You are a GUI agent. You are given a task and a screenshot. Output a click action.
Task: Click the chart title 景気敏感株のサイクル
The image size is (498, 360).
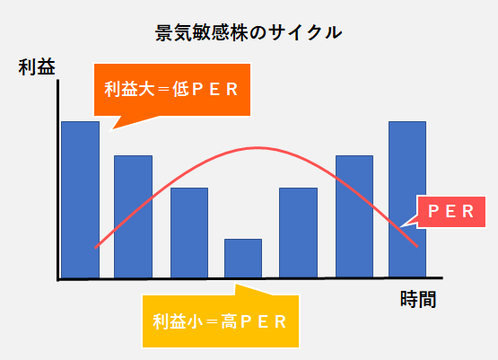click(x=249, y=32)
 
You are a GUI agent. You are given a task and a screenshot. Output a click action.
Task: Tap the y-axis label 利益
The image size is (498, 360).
click(x=37, y=67)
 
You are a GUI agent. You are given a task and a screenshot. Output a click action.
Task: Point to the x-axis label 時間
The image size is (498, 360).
click(x=418, y=299)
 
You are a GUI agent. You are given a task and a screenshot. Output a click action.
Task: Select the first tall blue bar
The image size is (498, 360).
click(x=81, y=199)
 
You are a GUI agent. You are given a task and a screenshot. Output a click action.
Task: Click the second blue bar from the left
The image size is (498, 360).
click(x=133, y=216)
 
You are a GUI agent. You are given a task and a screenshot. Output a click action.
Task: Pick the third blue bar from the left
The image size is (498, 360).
click(x=189, y=233)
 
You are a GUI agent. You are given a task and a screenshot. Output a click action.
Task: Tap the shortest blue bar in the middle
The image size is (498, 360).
click(x=243, y=259)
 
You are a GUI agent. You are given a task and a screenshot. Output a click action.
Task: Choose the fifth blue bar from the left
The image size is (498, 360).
click(x=298, y=233)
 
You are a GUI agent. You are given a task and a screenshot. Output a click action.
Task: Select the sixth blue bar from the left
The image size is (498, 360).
click(x=354, y=216)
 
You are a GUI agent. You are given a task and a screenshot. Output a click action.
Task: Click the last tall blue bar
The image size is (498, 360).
click(x=407, y=199)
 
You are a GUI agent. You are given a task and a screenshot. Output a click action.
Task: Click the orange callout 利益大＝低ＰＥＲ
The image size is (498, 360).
click(x=172, y=90)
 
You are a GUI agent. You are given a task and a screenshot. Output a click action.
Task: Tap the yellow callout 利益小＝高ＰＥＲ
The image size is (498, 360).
click(x=221, y=321)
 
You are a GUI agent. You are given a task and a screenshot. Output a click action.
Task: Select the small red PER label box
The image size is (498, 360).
click(x=451, y=212)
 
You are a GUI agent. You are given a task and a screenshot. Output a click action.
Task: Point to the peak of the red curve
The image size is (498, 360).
click(x=257, y=148)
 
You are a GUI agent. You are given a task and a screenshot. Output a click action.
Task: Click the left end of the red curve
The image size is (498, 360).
click(x=96, y=247)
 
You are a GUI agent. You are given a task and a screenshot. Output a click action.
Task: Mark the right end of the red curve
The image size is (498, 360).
click(x=417, y=246)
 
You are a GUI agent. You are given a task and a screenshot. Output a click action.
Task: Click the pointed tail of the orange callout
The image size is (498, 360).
click(x=110, y=129)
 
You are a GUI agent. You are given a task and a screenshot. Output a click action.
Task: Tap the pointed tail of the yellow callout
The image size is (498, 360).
click(x=236, y=285)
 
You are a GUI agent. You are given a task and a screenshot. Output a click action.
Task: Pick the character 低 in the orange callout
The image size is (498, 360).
click(x=180, y=90)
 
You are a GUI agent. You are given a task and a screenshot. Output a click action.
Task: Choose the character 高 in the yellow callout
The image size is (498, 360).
click(x=229, y=321)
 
